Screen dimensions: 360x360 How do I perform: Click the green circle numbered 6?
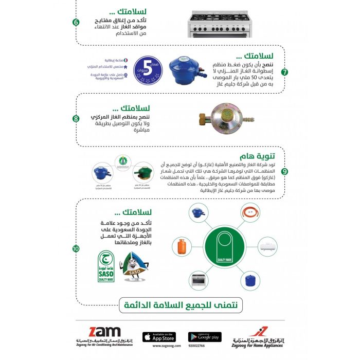(x=76, y=22)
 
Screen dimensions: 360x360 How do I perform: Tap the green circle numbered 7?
(x=284, y=72)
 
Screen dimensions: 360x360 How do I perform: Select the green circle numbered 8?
(x=76, y=119)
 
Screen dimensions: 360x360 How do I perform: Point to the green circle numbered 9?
(x=284, y=171)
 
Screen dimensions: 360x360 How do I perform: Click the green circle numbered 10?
(x=76, y=249)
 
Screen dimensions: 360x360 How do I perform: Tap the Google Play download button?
(x=205, y=337)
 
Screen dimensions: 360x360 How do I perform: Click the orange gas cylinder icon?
(x=182, y=248)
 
